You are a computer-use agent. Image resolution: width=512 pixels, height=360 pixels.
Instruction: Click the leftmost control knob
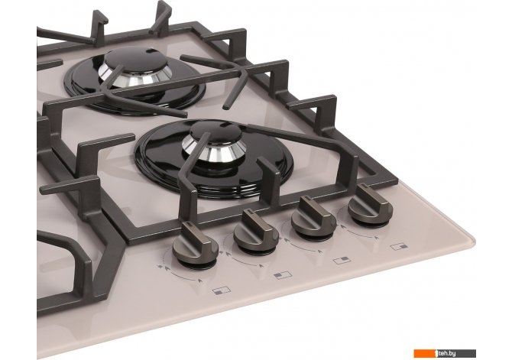coord(196,245)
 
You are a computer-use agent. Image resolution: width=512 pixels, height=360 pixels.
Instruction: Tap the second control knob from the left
coord(256,231)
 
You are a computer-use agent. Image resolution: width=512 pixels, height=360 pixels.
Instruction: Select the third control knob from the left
coord(313,217)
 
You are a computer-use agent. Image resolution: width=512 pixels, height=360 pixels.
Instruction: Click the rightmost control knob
coord(370,205)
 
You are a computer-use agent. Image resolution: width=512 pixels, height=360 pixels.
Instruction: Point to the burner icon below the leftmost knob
coord(222,290)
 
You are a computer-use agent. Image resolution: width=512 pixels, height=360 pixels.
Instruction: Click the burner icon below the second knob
coord(283,274)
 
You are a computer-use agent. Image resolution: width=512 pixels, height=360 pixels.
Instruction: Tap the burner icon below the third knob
coord(342,260)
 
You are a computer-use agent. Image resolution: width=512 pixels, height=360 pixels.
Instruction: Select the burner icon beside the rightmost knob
coord(399,246)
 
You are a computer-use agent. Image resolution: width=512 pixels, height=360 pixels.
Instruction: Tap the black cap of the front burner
coord(216,131)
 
